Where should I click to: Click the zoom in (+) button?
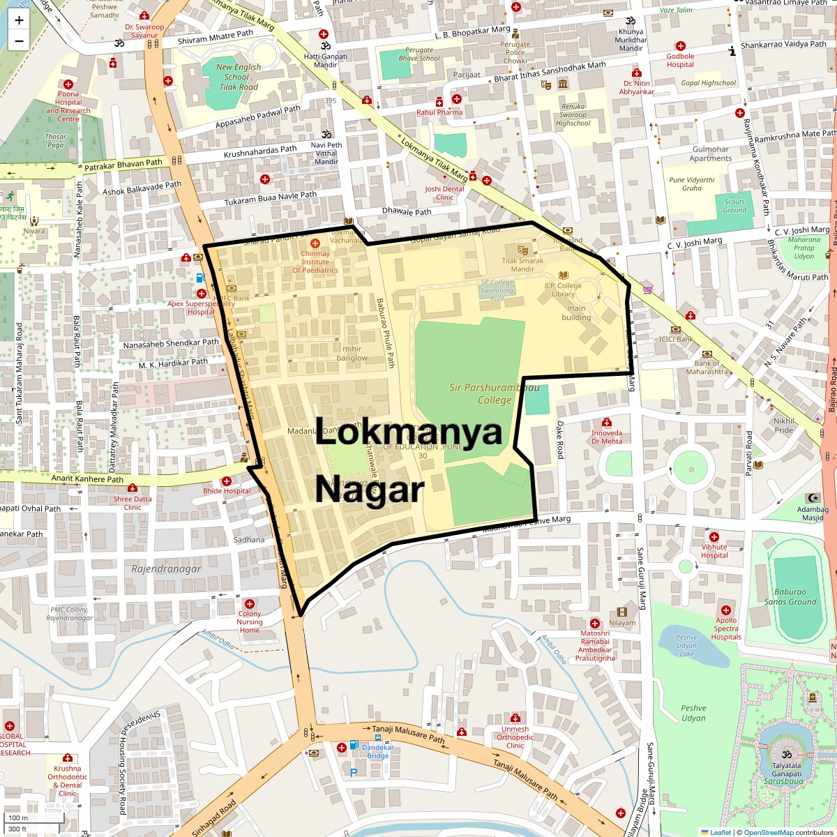point(19,20)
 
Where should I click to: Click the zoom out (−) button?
point(19,40)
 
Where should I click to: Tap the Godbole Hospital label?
point(680,60)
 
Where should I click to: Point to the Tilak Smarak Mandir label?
point(522,265)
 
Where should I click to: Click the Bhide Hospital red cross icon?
point(227,481)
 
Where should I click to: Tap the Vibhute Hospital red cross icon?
point(714,537)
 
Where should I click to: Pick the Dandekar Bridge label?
point(378,751)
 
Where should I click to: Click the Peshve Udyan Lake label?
point(686,645)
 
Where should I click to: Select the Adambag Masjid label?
point(813,514)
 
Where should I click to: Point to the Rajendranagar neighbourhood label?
point(166,569)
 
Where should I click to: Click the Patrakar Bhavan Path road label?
point(123,164)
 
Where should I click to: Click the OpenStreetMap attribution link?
point(768,832)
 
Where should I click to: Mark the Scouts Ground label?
point(734,206)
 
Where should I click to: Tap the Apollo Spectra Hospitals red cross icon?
point(726,610)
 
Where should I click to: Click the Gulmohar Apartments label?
point(711,153)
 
